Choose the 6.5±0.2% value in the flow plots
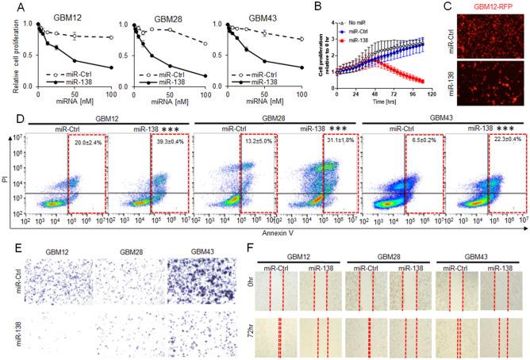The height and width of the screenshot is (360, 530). click(x=425, y=142)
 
